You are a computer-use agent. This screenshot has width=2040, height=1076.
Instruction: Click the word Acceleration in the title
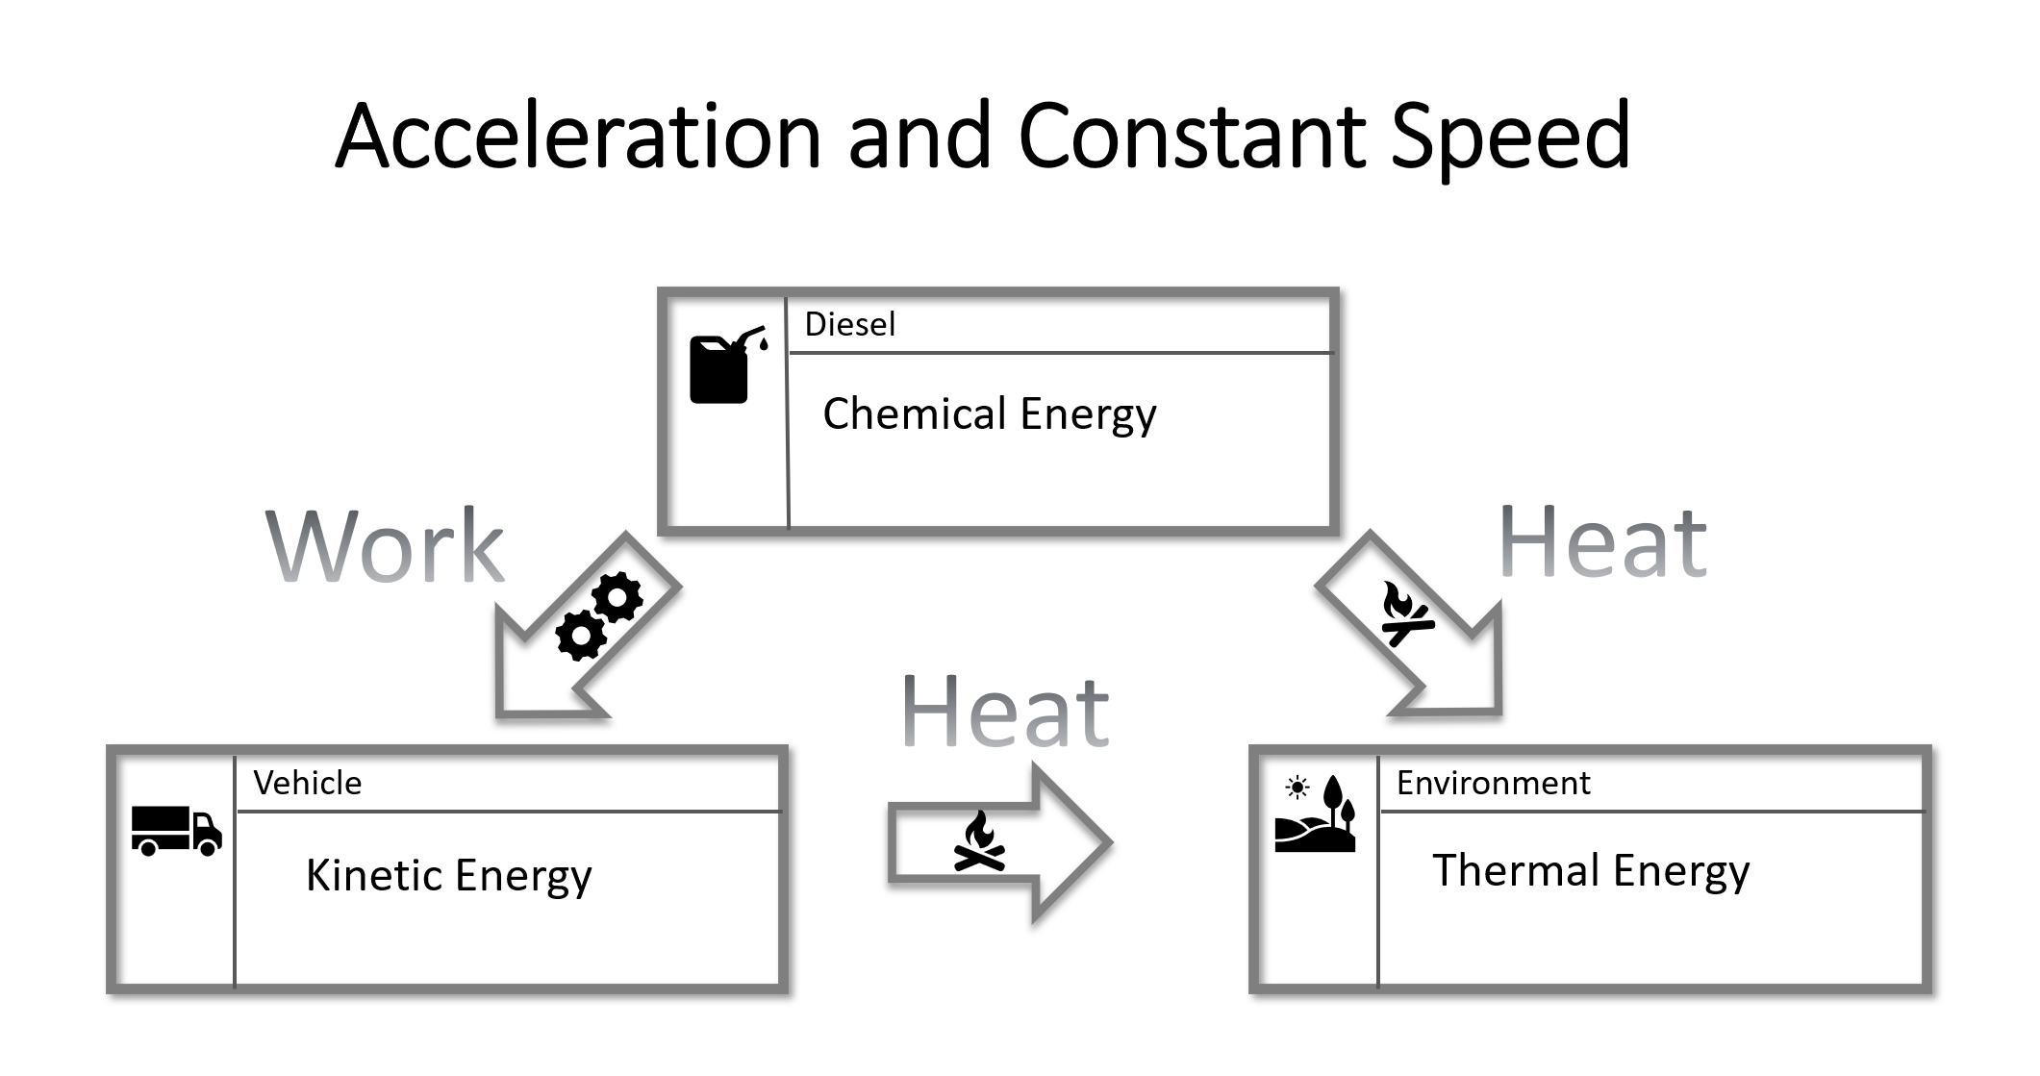coord(577,137)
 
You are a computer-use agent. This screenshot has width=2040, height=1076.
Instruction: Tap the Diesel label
coord(849,325)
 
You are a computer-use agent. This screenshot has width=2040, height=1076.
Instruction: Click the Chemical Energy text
coord(989,414)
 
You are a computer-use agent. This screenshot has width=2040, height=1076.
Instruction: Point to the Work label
coord(385,546)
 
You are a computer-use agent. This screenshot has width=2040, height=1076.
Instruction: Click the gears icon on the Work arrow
coord(598,616)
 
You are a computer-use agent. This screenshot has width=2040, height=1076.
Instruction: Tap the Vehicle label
coord(307,784)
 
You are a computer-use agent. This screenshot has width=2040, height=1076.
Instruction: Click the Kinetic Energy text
coord(448,876)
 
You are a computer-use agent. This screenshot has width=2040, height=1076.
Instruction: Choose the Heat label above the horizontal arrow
coord(1005,712)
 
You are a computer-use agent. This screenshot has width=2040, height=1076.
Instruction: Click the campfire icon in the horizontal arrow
coord(979,841)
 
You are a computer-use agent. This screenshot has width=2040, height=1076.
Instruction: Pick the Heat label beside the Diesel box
coord(1602,543)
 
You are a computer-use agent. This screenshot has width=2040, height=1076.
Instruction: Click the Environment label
coord(1493,784)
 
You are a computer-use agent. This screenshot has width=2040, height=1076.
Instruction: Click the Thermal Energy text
coord(1591,871)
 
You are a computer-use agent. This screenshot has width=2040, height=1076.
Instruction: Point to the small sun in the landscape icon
coord(1297,788)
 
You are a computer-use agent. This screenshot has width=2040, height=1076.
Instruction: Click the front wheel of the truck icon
coord(208,848)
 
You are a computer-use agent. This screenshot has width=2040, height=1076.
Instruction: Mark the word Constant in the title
coord(1193,137)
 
